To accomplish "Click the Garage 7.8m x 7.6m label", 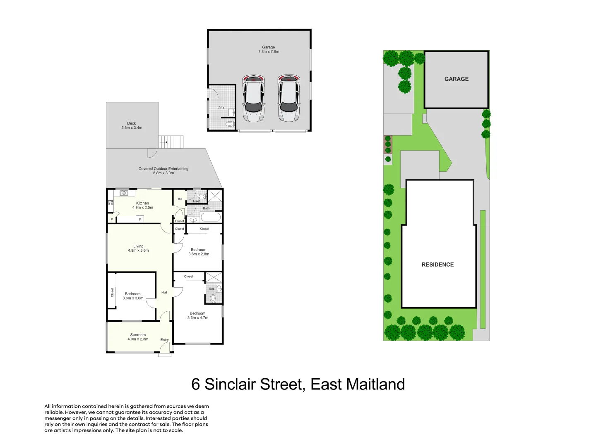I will (269, 49).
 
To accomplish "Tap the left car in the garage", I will (253, 99).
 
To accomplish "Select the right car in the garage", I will (288, 99).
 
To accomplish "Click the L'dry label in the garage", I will (221, 108).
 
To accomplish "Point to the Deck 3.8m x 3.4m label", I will (132, 125).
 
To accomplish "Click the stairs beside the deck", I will (171, 142).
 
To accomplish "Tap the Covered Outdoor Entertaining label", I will (163, 171).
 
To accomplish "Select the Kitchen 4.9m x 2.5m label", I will (142, 205).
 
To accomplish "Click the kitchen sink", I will (124, 193).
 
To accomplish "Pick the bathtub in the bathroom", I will (210, 217).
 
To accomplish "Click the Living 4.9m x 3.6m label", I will (138, 248).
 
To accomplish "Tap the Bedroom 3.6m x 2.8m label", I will (199, 252).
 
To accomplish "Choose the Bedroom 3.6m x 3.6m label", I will (133, 296).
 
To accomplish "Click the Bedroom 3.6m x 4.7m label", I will (198, 315).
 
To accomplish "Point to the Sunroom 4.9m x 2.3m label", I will (138, 337).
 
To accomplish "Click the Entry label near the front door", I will (165, 340).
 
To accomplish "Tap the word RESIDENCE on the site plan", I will (437, 264).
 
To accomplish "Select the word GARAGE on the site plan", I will (457, 79).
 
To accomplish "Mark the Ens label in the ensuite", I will (211, 289).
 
